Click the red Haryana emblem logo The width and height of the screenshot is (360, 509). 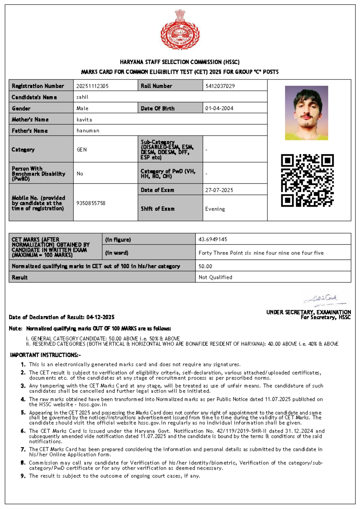tap(180, 30)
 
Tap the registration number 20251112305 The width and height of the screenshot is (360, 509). tap(92, 86)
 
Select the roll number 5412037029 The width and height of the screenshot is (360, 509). tap(220, 86)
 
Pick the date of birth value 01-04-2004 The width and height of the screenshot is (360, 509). tap(219, 109)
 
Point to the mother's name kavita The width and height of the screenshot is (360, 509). tap(84, 120)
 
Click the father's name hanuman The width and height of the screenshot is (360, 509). tap(88, 131)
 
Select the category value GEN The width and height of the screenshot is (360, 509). tap(82, 150)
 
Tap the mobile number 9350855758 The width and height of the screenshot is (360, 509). tap(91, 203)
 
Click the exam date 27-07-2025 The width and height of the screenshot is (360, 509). tap(219, 190)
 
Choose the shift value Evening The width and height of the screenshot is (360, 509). tap(215, 209)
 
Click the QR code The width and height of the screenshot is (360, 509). tap(307, 180)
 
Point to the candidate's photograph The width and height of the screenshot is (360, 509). tap(306, 113)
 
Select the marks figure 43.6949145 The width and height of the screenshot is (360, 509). tap(213, 239)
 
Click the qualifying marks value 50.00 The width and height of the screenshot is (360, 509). tap(205, 266)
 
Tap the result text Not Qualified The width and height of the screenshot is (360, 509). tap(215, 277)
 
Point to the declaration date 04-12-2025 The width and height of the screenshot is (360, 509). tap(100, 317)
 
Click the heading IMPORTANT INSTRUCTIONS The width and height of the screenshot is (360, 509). tap(45, 355)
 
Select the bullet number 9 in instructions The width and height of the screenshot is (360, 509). tap(23, 476)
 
